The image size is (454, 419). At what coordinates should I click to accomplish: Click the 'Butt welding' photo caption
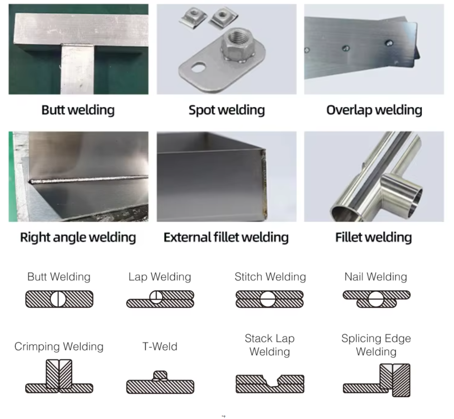78,110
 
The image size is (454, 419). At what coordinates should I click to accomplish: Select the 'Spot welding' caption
227,110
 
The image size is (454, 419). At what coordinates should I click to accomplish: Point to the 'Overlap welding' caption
374,110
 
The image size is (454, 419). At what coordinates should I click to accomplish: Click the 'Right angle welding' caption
78,237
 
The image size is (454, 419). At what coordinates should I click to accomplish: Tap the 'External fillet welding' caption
226,237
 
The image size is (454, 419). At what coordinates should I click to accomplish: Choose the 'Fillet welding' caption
373,237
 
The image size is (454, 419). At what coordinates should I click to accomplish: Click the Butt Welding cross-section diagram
59,299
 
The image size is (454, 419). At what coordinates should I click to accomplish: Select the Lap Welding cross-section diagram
160,299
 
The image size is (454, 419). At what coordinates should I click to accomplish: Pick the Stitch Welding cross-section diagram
270,299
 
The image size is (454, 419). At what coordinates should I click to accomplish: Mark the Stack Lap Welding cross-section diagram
270,384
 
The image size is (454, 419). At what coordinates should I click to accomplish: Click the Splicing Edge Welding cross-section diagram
377,380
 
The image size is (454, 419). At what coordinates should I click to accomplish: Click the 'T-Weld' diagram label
160,347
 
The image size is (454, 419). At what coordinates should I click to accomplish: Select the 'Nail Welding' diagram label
375,277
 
